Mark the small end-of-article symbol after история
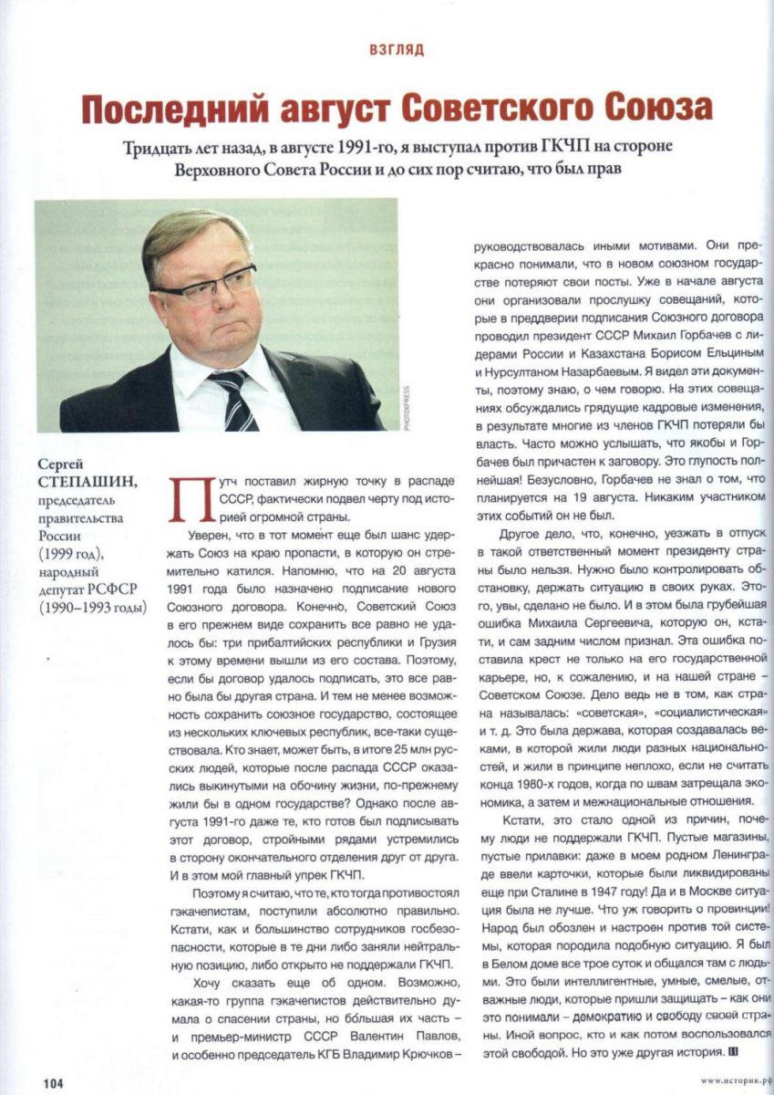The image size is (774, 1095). pos(733,1052)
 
